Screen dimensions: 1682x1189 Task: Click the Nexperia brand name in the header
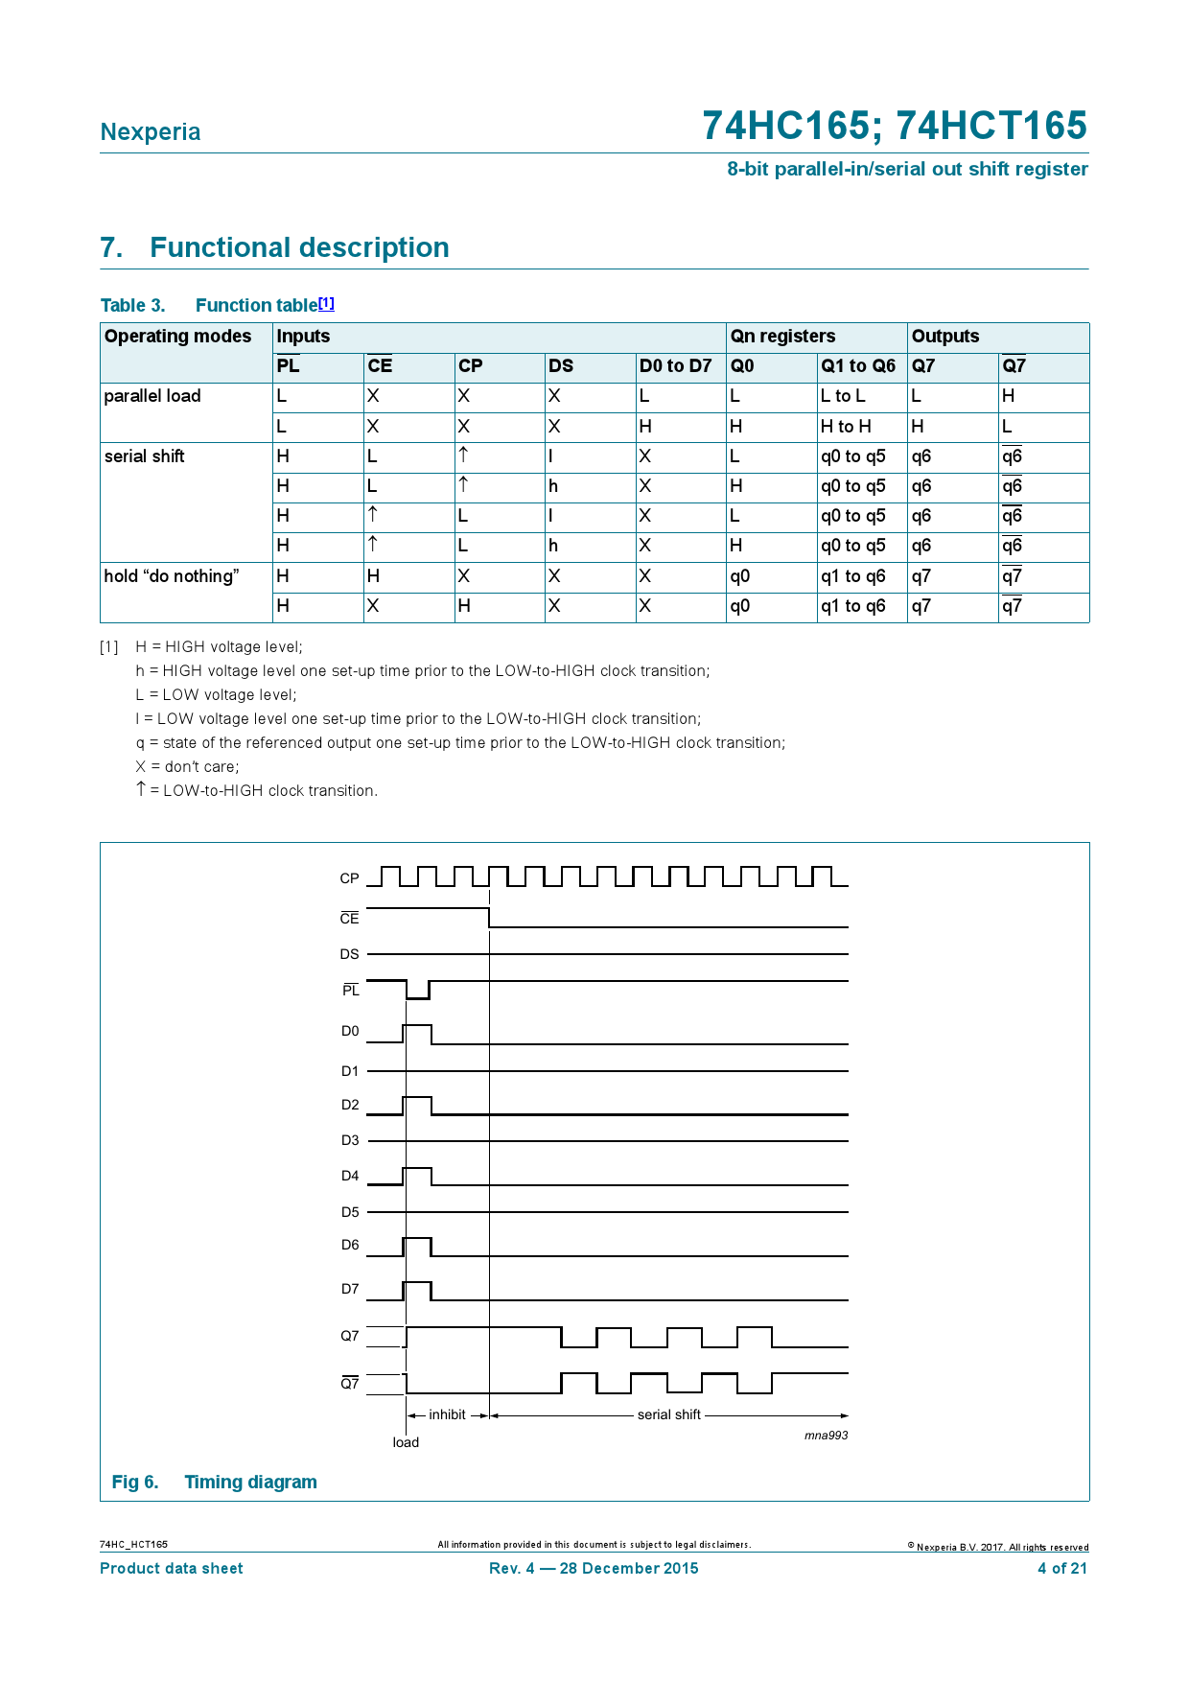[151, 132]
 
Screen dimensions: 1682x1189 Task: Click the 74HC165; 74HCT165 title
[894, 126]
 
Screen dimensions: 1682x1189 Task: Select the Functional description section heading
[274, 247]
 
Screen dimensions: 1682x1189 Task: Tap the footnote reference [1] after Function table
[326, 303]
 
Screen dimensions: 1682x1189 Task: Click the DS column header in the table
[561, 366]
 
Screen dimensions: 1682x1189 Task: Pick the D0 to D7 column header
[675, 366]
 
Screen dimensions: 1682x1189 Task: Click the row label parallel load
[152, 396]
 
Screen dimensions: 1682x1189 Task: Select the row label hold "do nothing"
[171, 576]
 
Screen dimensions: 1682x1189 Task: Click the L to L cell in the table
[843, 396]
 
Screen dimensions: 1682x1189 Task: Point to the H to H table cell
[846, 427]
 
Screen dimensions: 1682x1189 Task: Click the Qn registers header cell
[782, 337]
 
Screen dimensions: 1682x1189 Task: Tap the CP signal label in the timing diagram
[349, 878]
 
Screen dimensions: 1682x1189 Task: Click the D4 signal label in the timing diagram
[350, 1176]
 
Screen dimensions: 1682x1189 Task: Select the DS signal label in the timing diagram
[349, 954]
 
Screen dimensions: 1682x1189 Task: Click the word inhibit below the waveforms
[447, 1414]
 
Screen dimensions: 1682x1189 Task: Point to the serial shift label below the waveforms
[668, 1414]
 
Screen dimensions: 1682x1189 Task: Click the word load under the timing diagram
[406, 1442]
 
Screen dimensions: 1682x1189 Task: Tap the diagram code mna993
[826, 1436]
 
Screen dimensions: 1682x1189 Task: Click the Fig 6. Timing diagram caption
[214, 1482]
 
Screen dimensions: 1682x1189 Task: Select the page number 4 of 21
[1062, 1569]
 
